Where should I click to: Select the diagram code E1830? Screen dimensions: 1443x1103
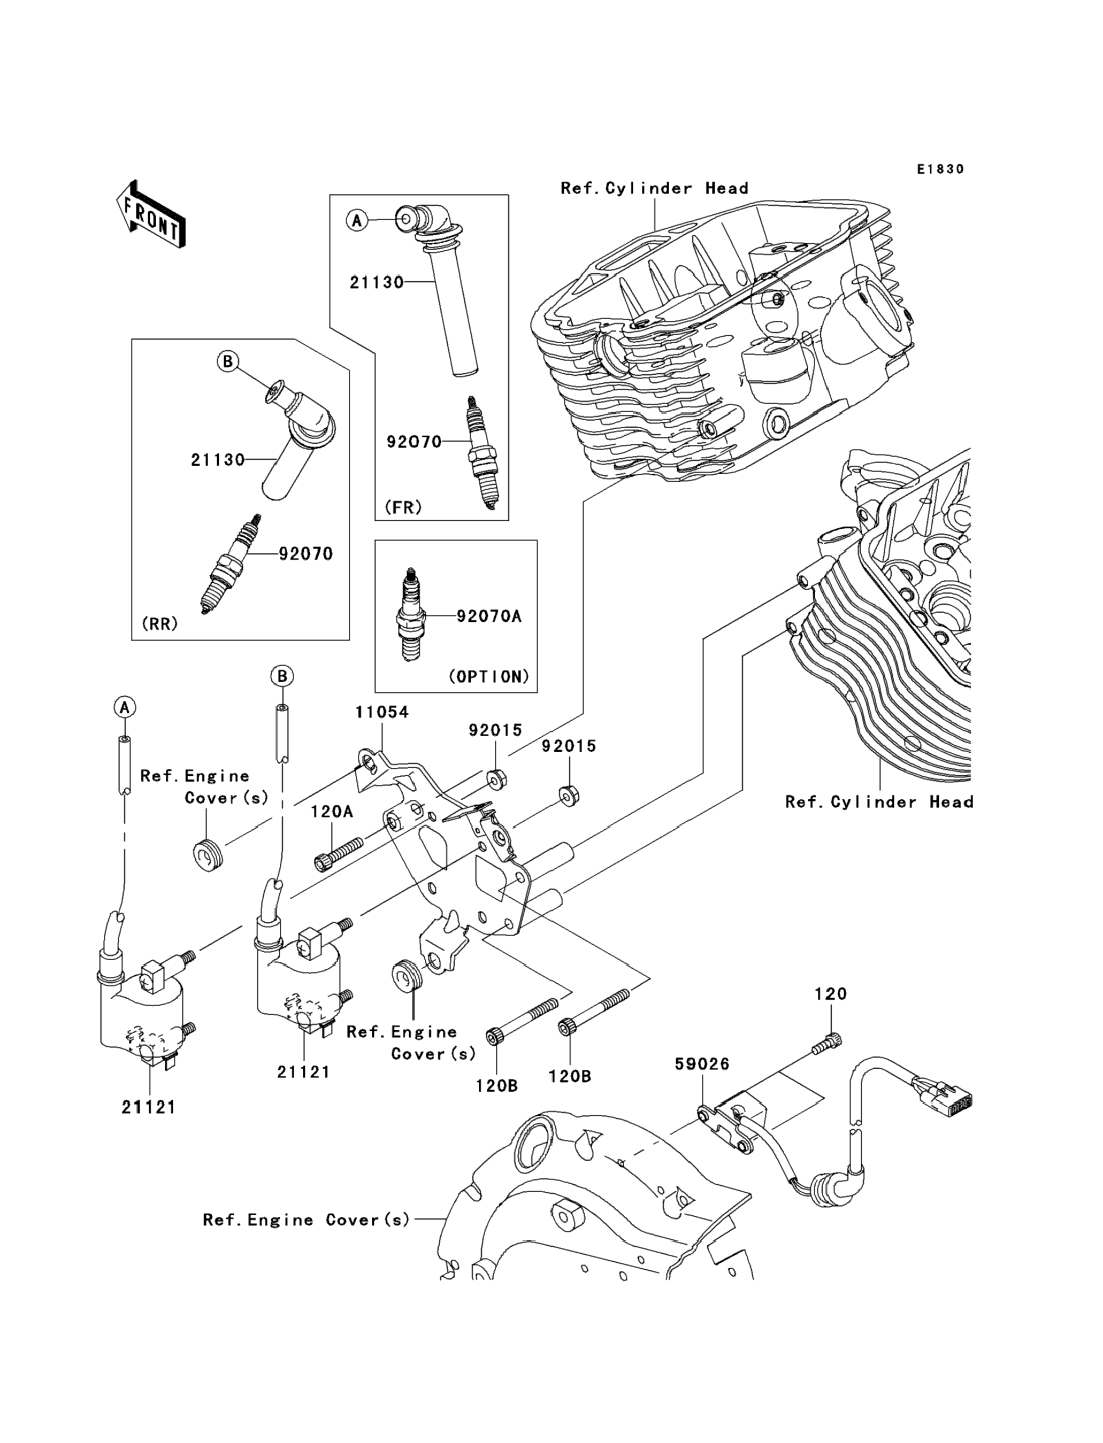[x=940, y=169]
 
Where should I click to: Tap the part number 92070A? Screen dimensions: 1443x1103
[x=488, y=616]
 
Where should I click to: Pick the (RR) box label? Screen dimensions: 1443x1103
[x=159, y=624]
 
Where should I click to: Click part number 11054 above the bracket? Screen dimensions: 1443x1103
[x=381, y=712]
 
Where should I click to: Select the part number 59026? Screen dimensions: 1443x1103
[x=702, y=1064]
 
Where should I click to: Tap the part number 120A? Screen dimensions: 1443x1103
[x=332, y=812]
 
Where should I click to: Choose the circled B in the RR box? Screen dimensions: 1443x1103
[x=228, y=361]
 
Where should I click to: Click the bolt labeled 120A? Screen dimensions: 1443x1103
[x=338, y=854]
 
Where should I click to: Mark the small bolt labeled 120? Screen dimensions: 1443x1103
[x=826, y=1044]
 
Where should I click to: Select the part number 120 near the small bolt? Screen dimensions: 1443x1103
[x=831, y=994]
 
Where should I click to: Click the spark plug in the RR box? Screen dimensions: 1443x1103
[x=230, y=565]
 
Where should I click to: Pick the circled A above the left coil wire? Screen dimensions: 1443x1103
[x=124, y=707]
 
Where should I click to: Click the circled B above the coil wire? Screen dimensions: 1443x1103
[x=282, y=676]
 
